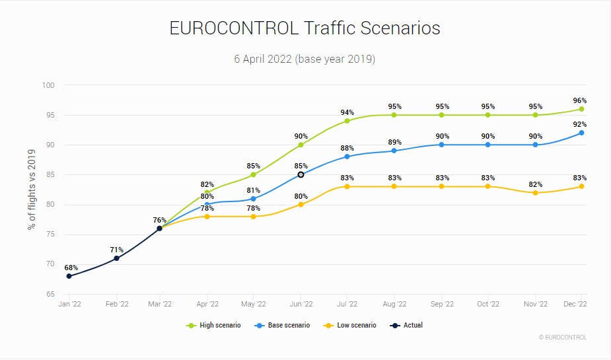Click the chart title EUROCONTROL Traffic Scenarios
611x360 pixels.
pyautogui.click(x=305, y=28)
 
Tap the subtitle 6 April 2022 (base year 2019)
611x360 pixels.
pyautogui.click(x=305, y=59)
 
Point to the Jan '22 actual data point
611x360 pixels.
pyautogui.click(x=69, y=276)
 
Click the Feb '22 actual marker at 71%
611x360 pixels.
pyautogui.click(x=117, y=258)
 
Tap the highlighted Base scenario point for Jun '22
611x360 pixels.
pyautogui.click(x=301, y=175)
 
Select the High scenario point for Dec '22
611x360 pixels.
pyautogui.click(x=581, y=109)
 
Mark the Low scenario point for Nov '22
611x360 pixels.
pyautogui.click(x=535, y=193)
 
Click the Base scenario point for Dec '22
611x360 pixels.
pyautogui.click(x=581, y=133)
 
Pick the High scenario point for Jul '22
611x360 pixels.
pyautogui.click(x=347, y=121)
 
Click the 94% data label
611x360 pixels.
pyautogui.click(x=347, y=112)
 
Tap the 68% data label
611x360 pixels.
pyautogui.click(x=71, y=268)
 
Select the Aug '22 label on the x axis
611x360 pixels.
pyautogui.click(x=394, y=304)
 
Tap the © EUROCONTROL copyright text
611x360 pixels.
pyautogui.click(x=562, y=338)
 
